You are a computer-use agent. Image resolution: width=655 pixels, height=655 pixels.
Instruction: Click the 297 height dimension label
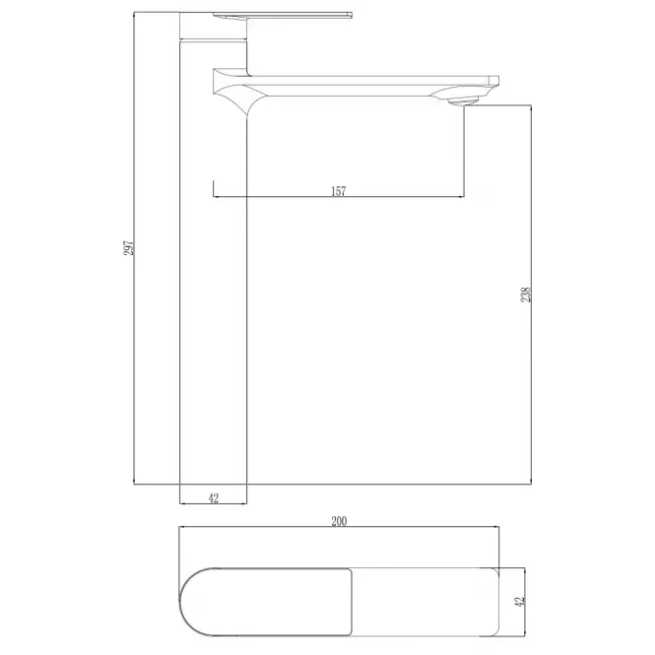click(129, 247)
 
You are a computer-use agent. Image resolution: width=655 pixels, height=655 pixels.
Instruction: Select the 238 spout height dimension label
click(526, 295)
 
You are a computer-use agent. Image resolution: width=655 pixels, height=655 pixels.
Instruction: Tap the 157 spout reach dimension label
click(339, 191)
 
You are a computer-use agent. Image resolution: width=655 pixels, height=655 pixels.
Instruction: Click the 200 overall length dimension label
click(339, 521)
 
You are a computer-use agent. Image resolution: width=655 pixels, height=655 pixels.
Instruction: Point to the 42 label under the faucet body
click(213, 498)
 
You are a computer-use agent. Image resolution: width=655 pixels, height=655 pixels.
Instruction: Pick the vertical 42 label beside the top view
click(519, 602)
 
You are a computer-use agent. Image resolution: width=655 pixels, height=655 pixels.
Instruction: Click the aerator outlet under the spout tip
click(463, 100)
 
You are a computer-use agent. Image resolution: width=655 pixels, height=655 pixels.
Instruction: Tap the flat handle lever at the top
click(283, 16)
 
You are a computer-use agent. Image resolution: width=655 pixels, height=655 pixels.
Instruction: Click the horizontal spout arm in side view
click(355, 86)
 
